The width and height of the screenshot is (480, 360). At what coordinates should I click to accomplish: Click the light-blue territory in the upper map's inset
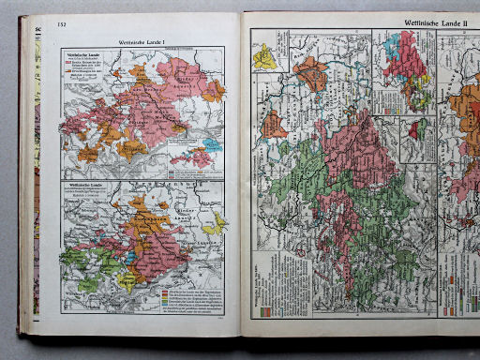[x=212, y=145]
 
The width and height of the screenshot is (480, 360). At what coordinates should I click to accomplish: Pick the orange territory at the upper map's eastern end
[x=214, y=90]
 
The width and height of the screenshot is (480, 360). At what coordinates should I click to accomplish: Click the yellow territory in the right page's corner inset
[x=266, y=56]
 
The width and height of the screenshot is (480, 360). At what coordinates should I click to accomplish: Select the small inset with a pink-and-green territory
[x=418, y=136]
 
